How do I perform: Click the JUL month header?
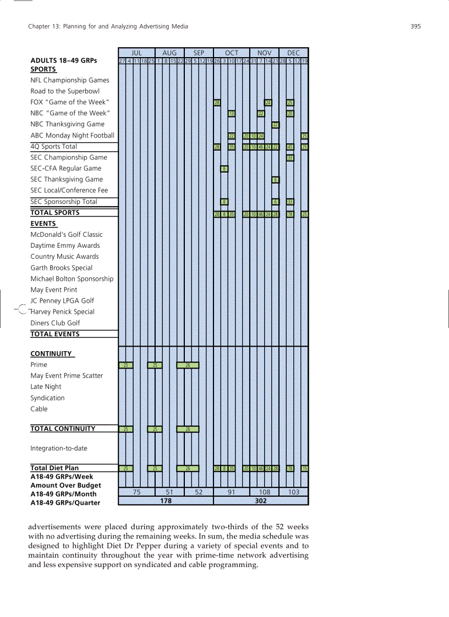pyautogui.click(x=136, y=53)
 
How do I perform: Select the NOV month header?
pyautogui.click(x=264, y=53)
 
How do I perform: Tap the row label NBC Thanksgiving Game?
pyautogui.click(x=67, y=124)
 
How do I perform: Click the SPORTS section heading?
pyautogui.click(x=43, y=69)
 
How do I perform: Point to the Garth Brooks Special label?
pyautogui.click(x=61, y=268)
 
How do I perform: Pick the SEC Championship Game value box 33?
pyautogui.click(x=290, y=158)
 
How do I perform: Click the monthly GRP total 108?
pyautogui.click(x=264, y=492)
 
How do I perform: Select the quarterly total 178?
pyautogui.click(x=166, y=501)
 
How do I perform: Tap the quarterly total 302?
pyautogui.click(x=261, y=501)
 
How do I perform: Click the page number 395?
pyautogui.click(x=415, y=26)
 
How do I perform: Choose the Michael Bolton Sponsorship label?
pyautogui.click(x=72, y=279)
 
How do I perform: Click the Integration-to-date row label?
pyautogui.click(x=58, y=448)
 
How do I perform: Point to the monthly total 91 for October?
pyautogui.click(x=231, y=492)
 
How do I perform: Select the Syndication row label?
pyautogui.click(x=47, y=398)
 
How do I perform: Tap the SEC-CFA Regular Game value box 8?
pyautogui.click(x=225, y=169)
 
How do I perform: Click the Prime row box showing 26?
pyautogui.click(x=188, y=365)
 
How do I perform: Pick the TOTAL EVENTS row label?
pyautogui.click(x=55, y=334)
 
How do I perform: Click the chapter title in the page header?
pyautogui.click(x=108, y=26)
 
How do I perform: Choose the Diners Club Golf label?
pyautogui.click(x=55, y=323)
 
